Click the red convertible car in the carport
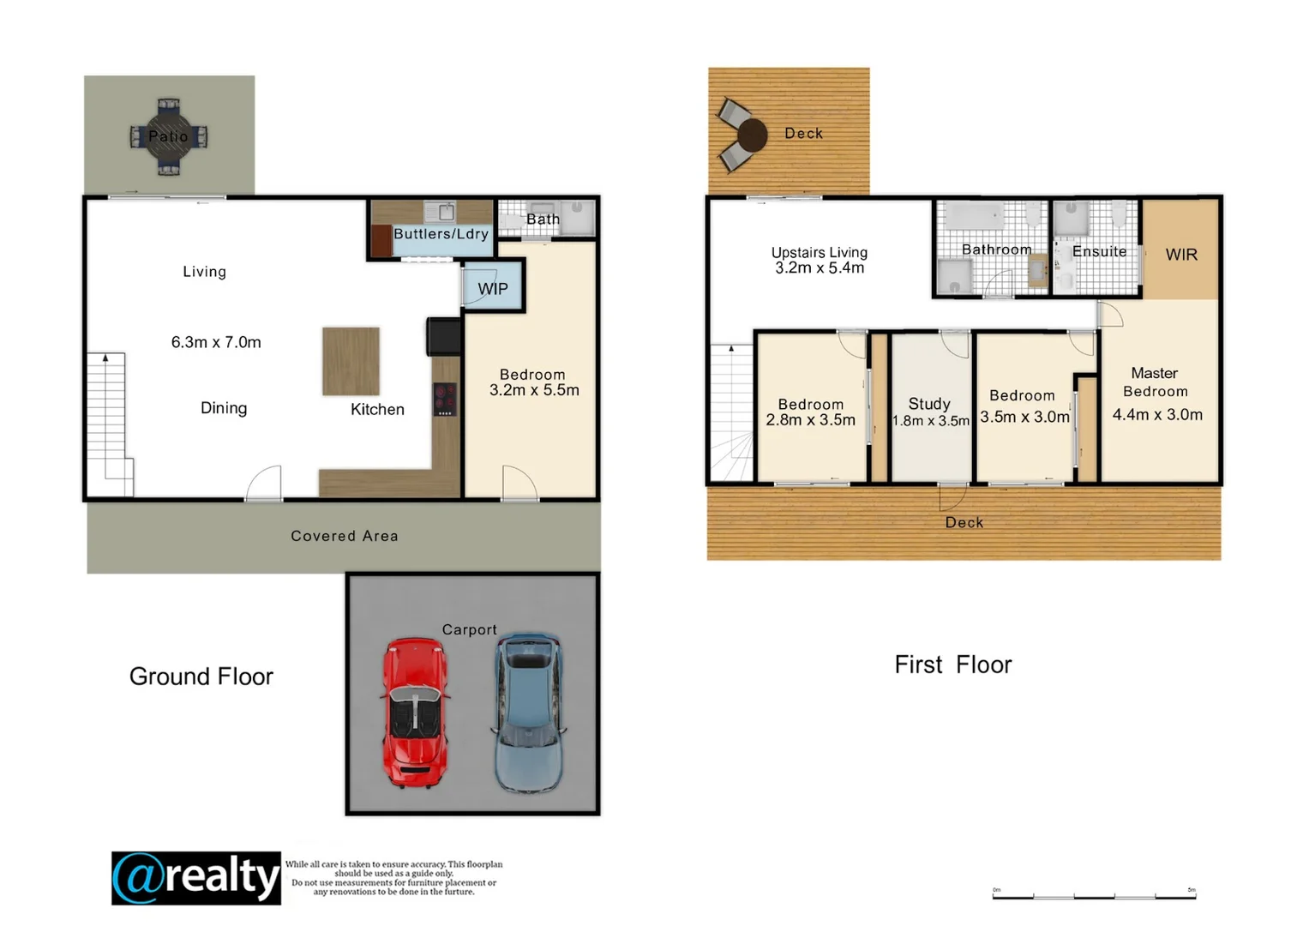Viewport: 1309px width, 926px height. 416,712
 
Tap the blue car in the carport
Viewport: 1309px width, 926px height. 528,712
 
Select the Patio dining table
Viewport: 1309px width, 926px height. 169,136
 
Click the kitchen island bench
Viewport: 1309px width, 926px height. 351,361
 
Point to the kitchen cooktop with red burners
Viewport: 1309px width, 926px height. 444,399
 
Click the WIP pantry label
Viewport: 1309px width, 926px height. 493,289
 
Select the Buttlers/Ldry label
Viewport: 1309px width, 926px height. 441,234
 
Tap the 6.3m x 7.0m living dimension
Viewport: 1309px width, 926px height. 216,342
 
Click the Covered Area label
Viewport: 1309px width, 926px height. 345,536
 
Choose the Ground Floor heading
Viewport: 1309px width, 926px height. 201,676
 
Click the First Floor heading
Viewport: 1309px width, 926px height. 952,664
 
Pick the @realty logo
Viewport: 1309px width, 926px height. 196,878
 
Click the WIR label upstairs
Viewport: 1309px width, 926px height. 1181,255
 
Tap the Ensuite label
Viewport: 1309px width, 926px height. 1099,251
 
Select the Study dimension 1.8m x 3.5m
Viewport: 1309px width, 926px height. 931,421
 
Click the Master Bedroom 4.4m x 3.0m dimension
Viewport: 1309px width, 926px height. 1157,415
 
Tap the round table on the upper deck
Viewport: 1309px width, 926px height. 752,135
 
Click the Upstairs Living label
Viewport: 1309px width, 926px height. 820,252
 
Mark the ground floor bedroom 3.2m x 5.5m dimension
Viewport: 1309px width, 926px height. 534,390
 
